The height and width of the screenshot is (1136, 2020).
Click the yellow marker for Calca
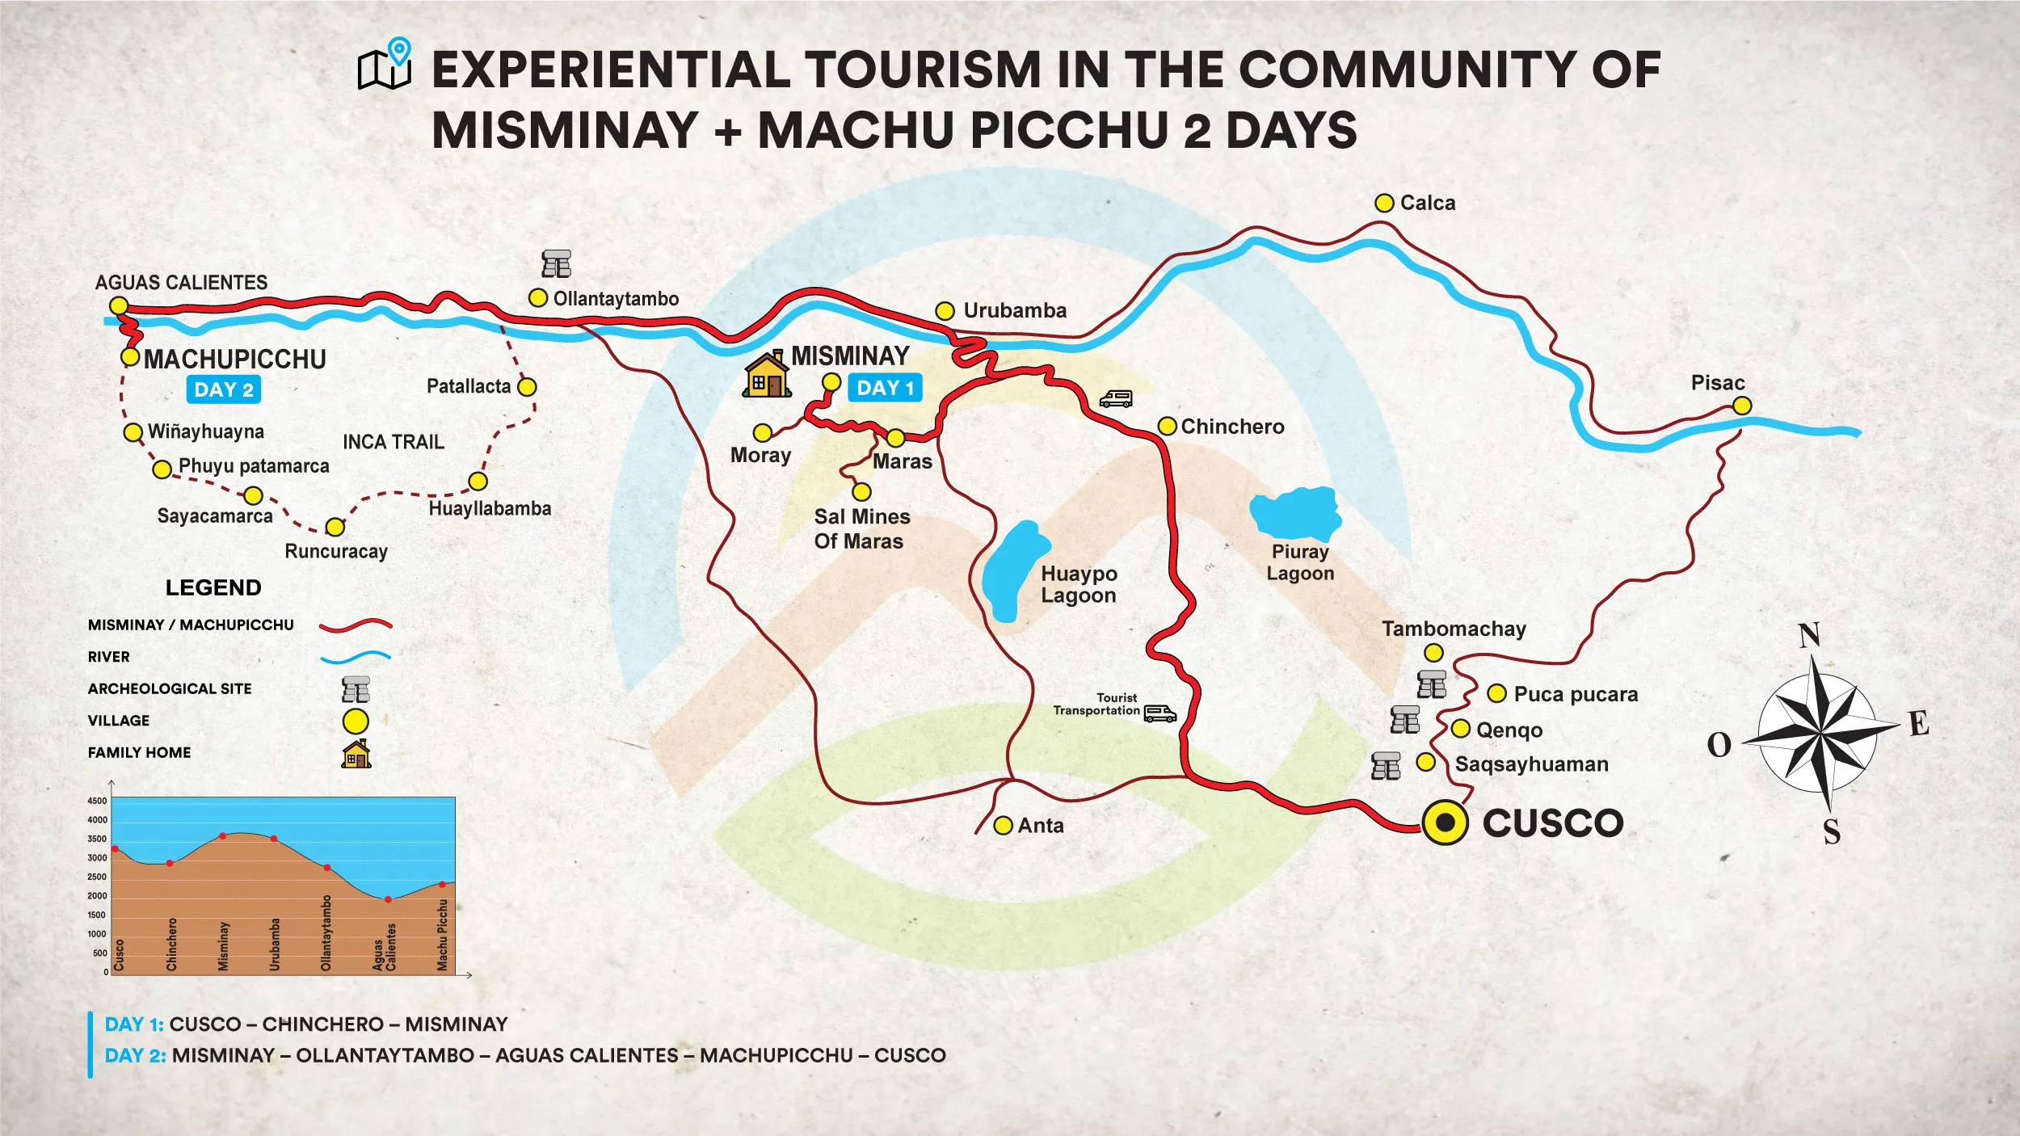click(1384, 203)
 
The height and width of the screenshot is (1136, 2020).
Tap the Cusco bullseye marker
click(1445, 823)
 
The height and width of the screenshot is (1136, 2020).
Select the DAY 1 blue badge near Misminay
click(885, 388)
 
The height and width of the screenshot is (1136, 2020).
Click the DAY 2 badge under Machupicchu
click(224, 389)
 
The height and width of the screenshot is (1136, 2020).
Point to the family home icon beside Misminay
click(765, 375)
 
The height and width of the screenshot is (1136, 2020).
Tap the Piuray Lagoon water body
click(1295, 512)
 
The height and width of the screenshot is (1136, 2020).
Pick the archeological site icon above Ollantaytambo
click(556, 264)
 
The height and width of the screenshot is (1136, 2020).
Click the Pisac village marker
click(1742, 406)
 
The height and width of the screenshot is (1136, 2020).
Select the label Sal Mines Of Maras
click(861, 528)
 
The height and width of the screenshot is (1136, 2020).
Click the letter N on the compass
click(1808, 635)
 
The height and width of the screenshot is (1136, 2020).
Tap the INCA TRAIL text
click(393, 442)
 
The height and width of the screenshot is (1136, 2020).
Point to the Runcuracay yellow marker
click(335, 528)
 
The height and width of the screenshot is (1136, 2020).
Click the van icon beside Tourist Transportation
click(1160, 713)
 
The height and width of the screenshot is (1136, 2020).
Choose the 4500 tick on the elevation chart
click(97, 801)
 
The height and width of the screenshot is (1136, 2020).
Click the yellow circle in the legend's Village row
click(356, 721)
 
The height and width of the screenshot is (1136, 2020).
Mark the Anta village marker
click(1003, 825)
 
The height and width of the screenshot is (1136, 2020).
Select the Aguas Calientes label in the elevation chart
click(385, 947)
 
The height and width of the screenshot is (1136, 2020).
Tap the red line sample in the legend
click(356, 625)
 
